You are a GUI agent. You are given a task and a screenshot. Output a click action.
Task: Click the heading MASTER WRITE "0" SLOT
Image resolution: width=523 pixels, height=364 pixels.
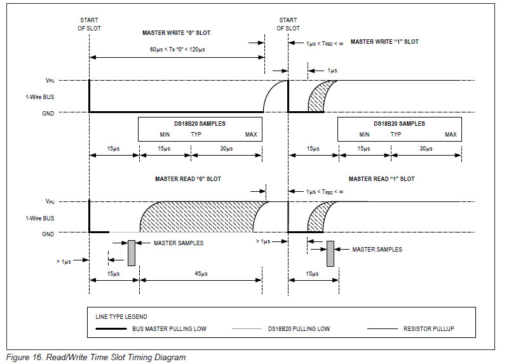tap(176, 33)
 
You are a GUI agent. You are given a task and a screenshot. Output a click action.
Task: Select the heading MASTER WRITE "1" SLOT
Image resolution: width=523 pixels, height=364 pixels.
tap(384, 42)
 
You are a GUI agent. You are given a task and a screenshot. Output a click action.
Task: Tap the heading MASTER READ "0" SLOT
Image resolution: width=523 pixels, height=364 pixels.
tap(188, 179)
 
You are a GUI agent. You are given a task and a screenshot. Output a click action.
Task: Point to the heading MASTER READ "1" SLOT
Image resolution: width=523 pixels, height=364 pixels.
tap(381, 179)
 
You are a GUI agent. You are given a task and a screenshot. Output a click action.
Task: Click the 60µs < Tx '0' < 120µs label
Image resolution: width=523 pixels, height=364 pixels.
tap(177, 50)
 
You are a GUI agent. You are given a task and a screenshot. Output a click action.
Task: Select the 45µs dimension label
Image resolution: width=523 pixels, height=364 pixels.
tap(201, 274)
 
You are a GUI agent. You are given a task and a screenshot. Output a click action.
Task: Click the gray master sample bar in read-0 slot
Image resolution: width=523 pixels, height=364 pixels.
tap(132, 253)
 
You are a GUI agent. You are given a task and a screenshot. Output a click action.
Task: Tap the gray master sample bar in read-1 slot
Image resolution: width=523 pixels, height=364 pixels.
tap(330, 253)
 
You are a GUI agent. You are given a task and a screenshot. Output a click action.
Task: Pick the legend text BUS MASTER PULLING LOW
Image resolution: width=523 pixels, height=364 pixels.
tap(169, 329)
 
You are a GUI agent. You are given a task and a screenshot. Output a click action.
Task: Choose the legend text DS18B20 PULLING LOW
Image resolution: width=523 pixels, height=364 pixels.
tap(299, 329)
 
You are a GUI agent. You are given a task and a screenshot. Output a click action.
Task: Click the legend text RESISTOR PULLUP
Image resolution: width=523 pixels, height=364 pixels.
tap(428, 329)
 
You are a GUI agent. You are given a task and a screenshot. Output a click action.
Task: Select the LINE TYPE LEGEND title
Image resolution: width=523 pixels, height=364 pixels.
tap(121, 316)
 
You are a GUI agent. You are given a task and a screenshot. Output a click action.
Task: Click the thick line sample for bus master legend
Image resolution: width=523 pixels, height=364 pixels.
tap(111, 329)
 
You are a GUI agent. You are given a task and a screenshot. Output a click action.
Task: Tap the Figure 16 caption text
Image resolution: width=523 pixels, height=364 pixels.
tap(96, 358)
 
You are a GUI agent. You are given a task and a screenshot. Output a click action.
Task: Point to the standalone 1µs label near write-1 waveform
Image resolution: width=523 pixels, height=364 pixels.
tap(332, 71)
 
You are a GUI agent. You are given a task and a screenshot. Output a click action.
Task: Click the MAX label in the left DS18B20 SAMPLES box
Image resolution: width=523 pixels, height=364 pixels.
tap(251, 134)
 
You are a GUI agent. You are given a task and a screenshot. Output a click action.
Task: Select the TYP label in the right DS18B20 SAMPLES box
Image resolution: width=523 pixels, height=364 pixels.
tap(396, 134)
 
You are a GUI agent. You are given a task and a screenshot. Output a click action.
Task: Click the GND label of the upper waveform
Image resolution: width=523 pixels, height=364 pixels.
tap(48, 113)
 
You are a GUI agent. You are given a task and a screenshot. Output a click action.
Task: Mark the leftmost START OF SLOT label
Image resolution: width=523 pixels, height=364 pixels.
tap(89, 24)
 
